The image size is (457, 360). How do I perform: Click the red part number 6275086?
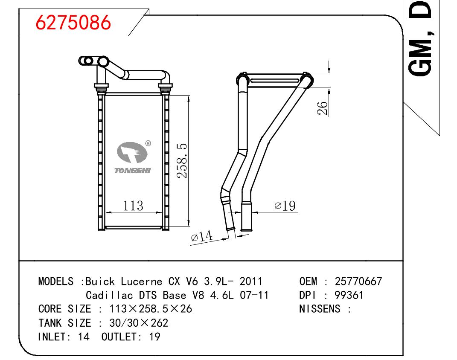click(x=73, y=23)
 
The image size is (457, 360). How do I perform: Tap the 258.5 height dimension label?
click(x=182, y=161)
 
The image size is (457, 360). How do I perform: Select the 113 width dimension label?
click(x=133, y=206)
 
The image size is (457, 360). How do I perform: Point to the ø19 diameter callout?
click(x=285, y=206)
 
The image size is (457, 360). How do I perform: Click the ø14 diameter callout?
click(x=202, y=236)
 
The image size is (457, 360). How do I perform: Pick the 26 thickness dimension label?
click(x=322, y=108)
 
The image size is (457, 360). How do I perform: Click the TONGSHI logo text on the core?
click(x=133, y=170)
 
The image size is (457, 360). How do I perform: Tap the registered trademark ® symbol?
click(x=148, y=143)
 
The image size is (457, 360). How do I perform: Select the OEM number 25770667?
click(x=358, y=282)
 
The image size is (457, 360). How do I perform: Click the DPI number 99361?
click(x=349, y=295)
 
